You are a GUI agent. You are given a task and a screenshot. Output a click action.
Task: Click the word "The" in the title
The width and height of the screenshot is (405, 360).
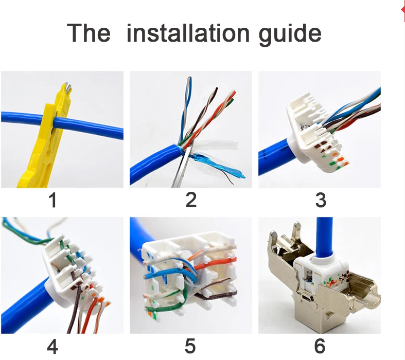click(x=89, y=33)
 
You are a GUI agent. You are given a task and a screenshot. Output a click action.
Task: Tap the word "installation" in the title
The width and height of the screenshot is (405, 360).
click(x=188, y=33)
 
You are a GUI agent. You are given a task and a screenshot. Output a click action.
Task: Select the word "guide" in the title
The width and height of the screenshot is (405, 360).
click(x=290, y=35)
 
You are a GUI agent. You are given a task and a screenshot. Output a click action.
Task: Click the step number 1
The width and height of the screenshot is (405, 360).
click(x=52, y=200)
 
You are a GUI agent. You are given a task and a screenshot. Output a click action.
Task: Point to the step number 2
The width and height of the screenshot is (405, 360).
click(x=191, y=200)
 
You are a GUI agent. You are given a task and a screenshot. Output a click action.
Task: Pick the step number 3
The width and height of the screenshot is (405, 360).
click(x=321, y=200)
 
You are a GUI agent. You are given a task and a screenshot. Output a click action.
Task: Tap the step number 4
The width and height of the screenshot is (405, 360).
click(x=52, y=347)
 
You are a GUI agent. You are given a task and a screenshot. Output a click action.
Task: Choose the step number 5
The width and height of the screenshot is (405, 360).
click(x=190, y=346)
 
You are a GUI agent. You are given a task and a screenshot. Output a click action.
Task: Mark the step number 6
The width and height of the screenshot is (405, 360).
click(x=320, y=346)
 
